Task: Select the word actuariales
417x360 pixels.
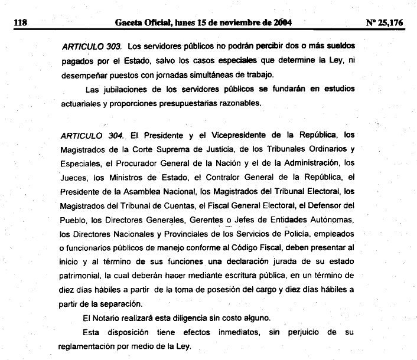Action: tap(83, 103)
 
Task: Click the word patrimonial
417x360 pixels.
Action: tap(83, 276)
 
